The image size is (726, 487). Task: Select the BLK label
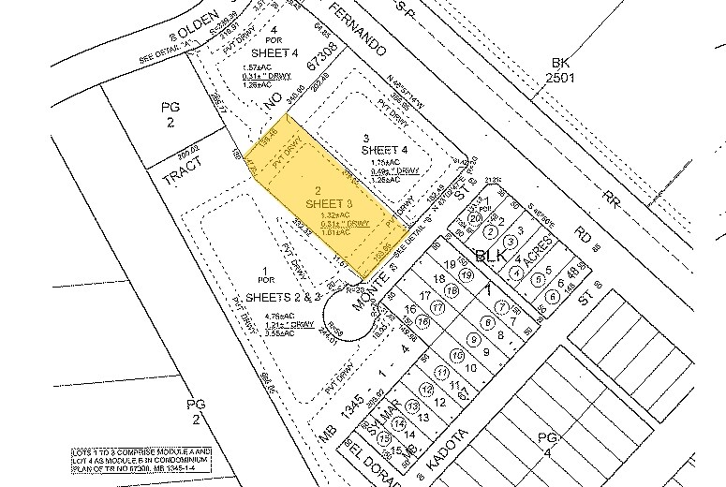click(491, 255)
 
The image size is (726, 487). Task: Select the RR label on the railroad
click(613, 198)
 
